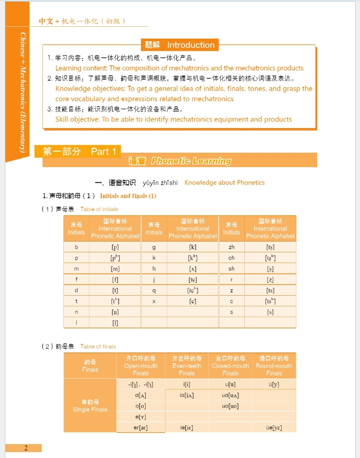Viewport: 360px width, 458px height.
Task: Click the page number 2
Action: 25,448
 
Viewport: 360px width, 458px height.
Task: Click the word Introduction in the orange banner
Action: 191,45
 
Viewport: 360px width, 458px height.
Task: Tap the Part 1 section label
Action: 103,152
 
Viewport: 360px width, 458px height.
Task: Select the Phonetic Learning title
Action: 191,161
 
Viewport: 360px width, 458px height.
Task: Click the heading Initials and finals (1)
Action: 128,196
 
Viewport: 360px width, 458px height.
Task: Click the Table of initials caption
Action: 99,209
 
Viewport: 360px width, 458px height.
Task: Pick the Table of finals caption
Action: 98,347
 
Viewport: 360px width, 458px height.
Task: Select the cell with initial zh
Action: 231,247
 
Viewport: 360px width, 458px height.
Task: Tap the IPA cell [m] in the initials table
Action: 115,268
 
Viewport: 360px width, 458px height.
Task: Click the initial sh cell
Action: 231,268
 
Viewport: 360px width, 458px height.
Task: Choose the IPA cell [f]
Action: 115,279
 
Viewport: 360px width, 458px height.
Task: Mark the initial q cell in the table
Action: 154,290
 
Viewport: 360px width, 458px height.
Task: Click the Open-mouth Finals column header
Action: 140,365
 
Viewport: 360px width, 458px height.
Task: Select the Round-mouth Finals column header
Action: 274,365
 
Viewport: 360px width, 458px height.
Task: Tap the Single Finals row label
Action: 90,406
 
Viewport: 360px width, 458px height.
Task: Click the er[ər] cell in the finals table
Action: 140,427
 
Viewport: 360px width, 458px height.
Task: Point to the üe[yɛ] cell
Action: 274,427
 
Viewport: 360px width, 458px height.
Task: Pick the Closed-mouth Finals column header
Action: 230,365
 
